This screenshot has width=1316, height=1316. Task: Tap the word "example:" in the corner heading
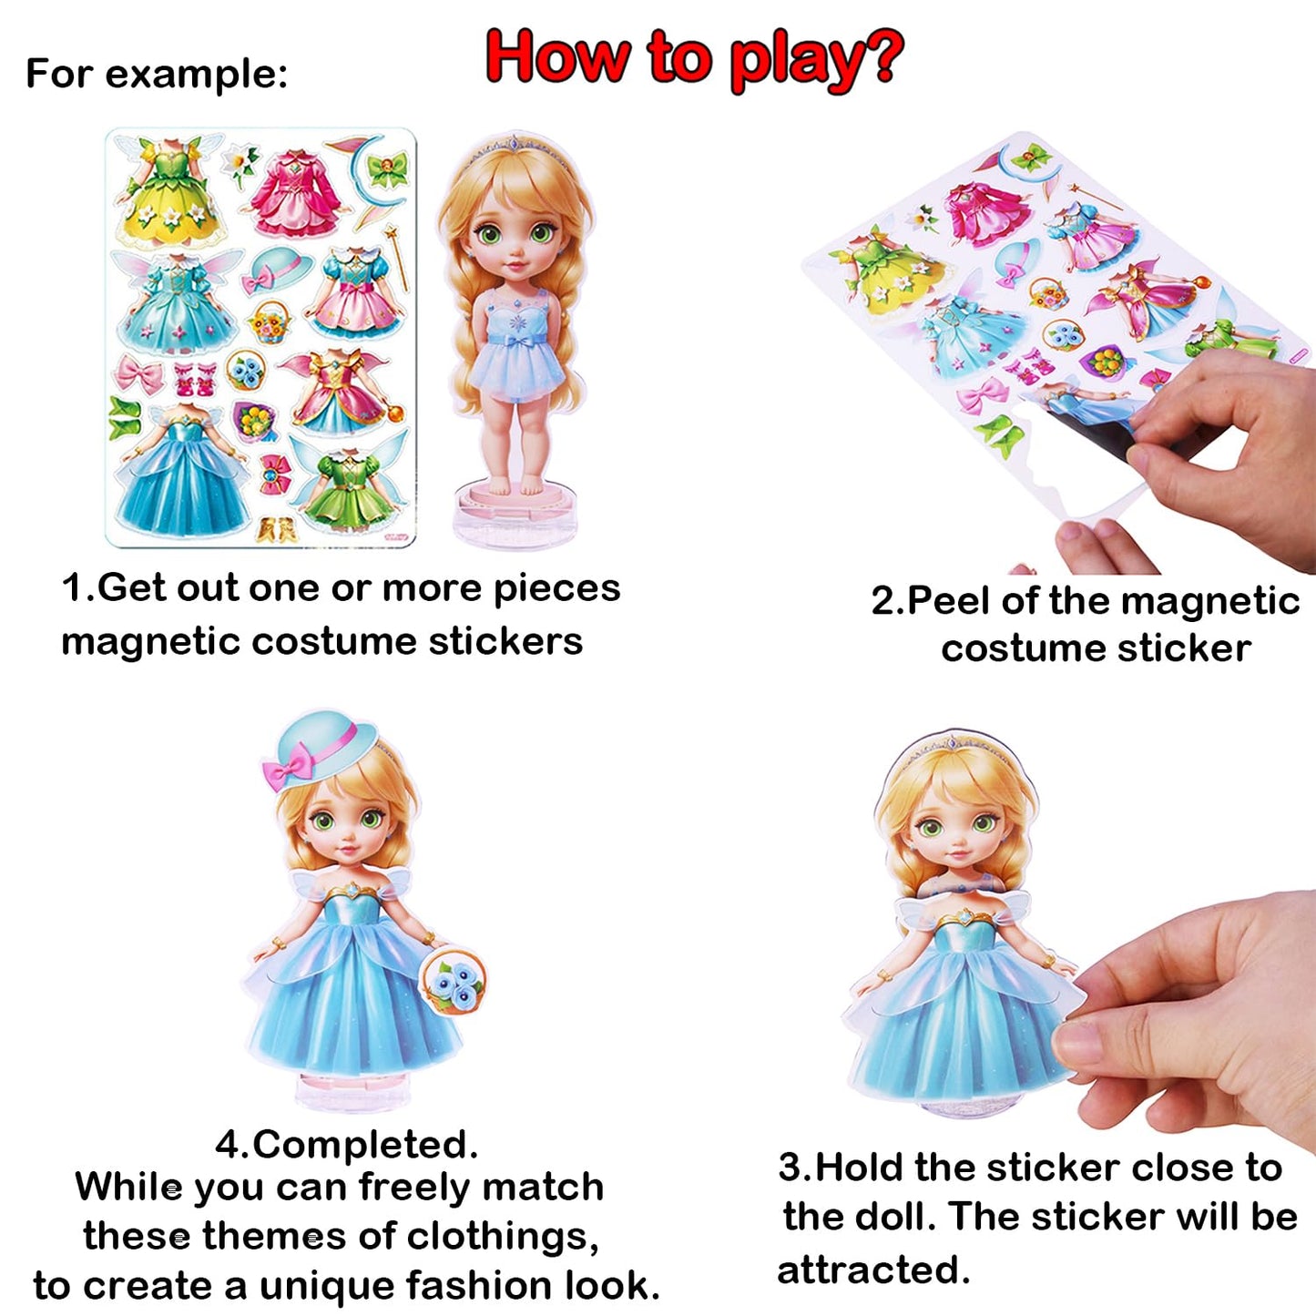[197, 74]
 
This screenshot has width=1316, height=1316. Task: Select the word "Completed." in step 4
[364, 1145]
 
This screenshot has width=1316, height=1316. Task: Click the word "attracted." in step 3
[873, 1270]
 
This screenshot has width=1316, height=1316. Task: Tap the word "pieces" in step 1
[556, 588]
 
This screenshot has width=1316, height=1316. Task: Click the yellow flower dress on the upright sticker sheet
[169, 196]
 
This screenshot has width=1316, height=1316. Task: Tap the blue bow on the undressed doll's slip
[516, 342]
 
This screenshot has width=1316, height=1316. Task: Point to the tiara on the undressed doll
[512, 146]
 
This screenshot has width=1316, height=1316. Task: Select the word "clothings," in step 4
[502, 1236]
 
